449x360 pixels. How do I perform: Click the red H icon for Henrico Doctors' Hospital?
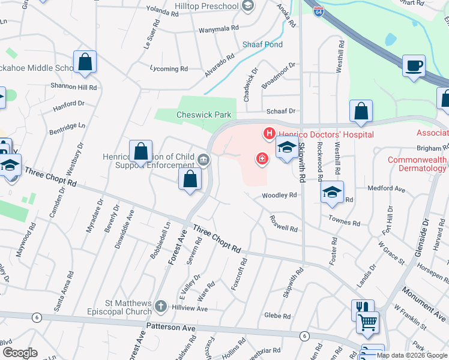pyautogui.click(x=269, y=133)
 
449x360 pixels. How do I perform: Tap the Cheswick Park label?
pyautogui.click(x=203, y=115)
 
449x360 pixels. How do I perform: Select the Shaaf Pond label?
pyautogui.click(x=262, y=45)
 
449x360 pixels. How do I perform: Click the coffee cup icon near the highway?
pyautogui.click(x=413, y=66)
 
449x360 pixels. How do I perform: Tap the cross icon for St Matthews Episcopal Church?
pyautogui.click(x=160, y=307)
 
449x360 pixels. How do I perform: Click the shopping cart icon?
pyautogui.click(x=367, y=322)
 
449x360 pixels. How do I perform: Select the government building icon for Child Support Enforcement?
pyautogui.click(x=203, y=160)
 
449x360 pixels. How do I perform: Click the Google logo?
pyautogui.click(x=19, y=353)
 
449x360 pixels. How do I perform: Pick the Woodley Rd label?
pyautogui.click(x=279, y=196)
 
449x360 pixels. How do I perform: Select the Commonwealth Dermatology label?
pyautogui.click(x=418, y=164)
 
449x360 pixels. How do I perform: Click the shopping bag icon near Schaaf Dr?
pyautogui.click(x=361, y=111)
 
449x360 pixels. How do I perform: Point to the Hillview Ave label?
pyautogui.click(x=189, y=308)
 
